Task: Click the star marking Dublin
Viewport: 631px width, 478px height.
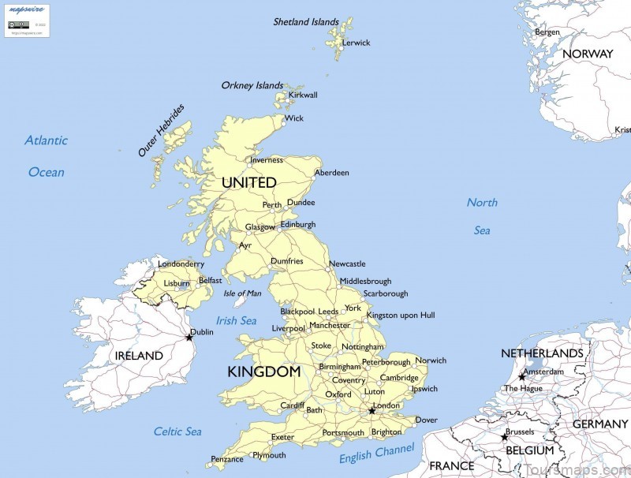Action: (x=189, y=338)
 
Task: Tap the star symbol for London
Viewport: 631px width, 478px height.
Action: (x=372, y=411)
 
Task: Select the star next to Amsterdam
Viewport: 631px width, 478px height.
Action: (x=521, y=377)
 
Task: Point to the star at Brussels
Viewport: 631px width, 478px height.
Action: (x=505, y=437)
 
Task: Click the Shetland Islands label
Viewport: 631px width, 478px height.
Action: (x=306, y=22)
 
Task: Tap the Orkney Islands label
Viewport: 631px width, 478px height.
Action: (x=252, y=85)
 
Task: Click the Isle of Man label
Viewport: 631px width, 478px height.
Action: (x=242, y=293)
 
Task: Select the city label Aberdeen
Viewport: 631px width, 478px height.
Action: (x=331, y=173)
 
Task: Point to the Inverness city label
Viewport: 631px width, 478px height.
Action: (x=266, y=160)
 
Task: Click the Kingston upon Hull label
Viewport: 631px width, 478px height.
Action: (x=401, y=316)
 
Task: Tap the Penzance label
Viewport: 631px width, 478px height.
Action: (x=227, y=459)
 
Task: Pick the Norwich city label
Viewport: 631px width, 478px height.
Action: (x=431, y=360)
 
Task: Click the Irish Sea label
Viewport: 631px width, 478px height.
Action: (x=237, y=321)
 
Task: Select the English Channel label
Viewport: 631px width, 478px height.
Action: (x=376, y=454)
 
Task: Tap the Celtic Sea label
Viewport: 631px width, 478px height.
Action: (x=177, y=431)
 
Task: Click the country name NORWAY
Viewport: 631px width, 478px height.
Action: (x=588, y=54)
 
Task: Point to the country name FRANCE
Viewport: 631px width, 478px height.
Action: (x=451, y=466)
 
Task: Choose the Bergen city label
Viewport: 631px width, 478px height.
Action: (x=547, y=32)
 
